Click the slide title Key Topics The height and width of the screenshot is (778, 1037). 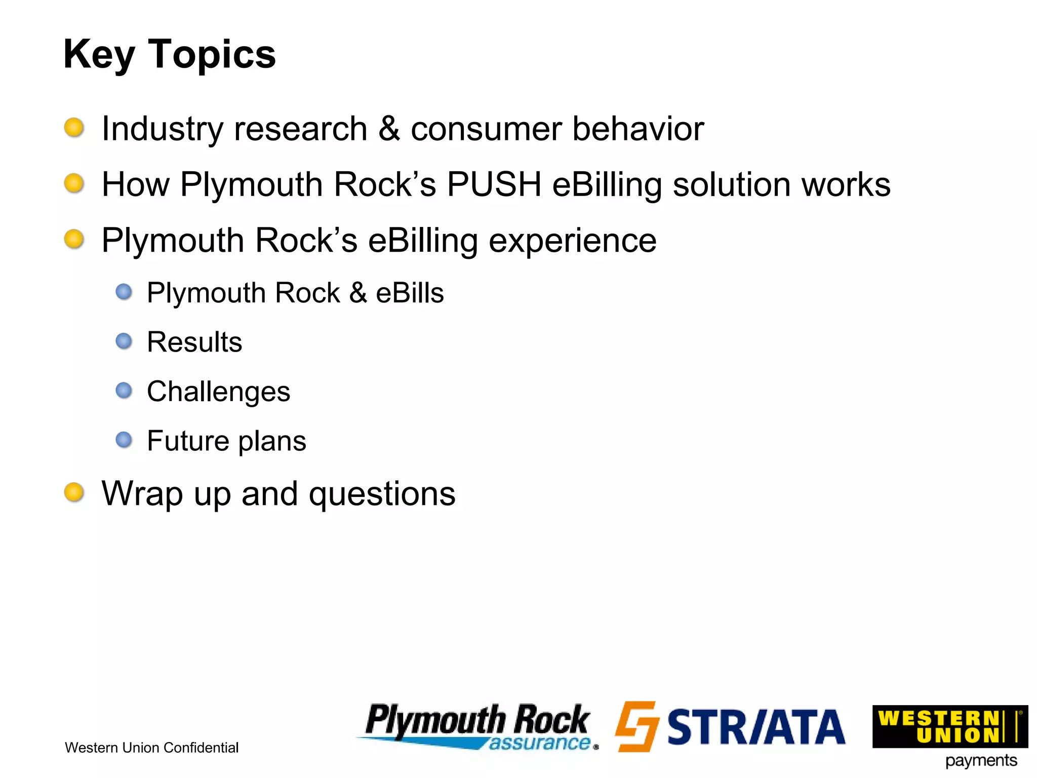point(169,54)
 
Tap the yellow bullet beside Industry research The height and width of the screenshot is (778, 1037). point(74,127)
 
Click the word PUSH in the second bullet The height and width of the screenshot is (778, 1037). point(494,184)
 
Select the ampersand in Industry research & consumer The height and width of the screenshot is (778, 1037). point(389,129)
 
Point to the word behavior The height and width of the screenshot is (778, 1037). point(638,129)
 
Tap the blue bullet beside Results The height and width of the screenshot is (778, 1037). point(124,341)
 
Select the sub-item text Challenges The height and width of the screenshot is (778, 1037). point(218,392)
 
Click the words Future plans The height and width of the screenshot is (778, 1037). point(226,441)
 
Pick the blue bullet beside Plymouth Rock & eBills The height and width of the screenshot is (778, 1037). point(124,292)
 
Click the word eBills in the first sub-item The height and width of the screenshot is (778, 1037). point(410,293)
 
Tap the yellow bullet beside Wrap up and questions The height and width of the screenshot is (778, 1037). point(74,492)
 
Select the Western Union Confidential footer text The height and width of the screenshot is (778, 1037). point(151,748)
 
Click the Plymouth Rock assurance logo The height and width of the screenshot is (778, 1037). point(477,726)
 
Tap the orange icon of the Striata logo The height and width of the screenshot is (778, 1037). point(637,726)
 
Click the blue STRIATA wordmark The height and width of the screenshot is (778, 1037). point(756,727)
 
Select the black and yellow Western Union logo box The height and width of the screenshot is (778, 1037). point(949,726)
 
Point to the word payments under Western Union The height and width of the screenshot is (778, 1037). point(981,761)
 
